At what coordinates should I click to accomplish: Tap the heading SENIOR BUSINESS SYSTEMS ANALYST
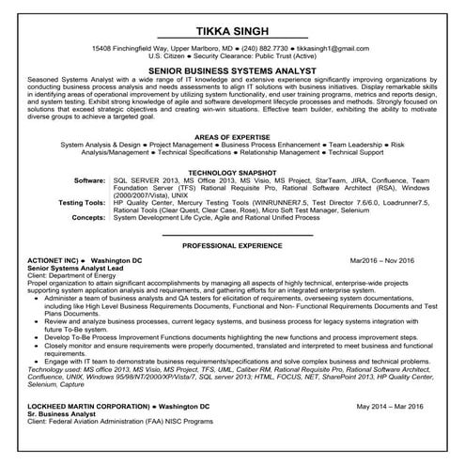232,70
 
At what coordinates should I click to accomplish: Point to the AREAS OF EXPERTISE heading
232,135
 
